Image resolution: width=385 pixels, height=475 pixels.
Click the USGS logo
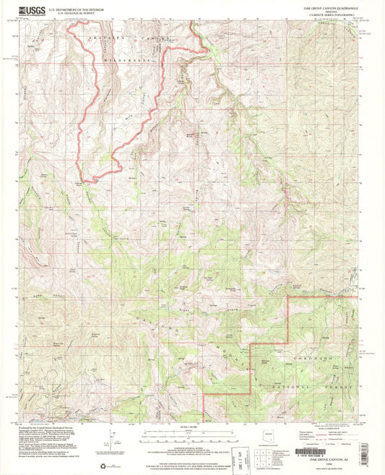point(30,10)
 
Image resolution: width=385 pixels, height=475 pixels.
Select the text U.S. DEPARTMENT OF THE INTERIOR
point(79,8)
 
